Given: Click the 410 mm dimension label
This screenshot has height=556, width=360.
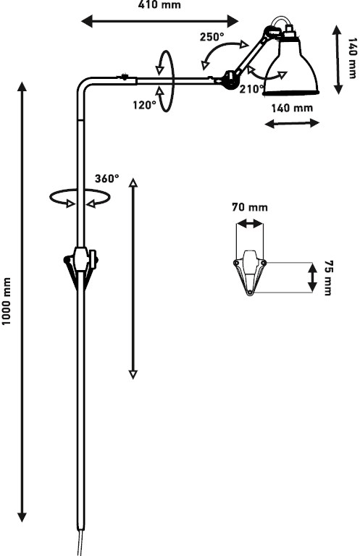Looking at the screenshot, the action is click(x=159, y=5).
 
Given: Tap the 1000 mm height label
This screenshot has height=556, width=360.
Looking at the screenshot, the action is click(x=7, y=301).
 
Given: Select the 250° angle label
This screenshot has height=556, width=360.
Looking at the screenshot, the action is click(x=212, y=37).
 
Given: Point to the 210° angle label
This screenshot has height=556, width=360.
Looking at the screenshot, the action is click(x=252, y=89).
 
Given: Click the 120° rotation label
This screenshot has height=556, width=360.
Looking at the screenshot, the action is click(x=144, y=104).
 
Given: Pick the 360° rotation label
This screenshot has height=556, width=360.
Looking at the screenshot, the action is click(x=106, y=178).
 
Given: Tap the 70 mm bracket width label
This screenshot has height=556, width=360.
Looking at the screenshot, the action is click(x=250, y=207).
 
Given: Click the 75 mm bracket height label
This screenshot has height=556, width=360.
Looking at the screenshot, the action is click(x=329, y=278).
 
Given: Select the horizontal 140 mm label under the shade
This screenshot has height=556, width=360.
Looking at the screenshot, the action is click(x=292, y=108).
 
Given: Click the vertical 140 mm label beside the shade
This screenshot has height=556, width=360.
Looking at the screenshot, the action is click(x=352, y=58).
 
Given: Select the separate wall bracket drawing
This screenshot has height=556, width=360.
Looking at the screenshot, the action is click(x=250, y=272).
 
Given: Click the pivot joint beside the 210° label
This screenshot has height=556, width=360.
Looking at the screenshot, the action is click(x=230, y=80).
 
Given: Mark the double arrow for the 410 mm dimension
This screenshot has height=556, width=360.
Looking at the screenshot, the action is click(x=160, y=21).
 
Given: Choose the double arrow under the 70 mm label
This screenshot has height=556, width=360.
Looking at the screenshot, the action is click(x=250, y=224).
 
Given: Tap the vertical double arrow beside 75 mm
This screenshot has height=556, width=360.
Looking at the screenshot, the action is click(x=312, y=278).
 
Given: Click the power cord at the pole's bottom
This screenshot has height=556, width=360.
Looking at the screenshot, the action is click(x=80, y=542).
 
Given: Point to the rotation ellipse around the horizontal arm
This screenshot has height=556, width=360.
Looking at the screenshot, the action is click(x=174, y=81).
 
